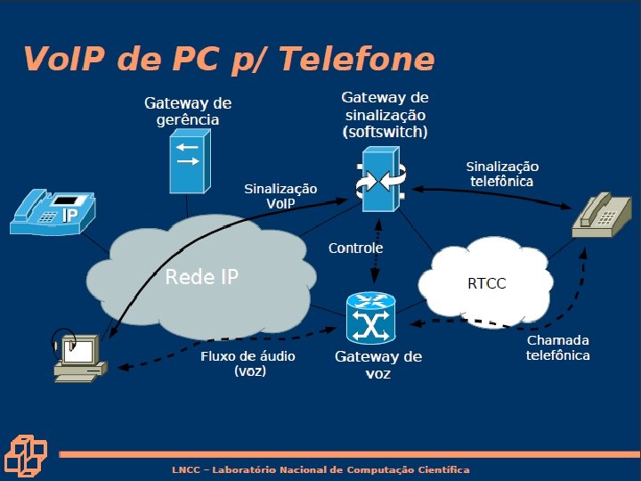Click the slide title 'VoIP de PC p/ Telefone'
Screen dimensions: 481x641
tap(229, 59)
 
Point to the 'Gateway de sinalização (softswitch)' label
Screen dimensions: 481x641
tap(385, 114)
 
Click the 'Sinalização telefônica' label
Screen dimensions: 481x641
tap(502, 174)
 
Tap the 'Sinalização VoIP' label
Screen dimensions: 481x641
tap(280, 195)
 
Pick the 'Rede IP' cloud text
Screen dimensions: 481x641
tap(202, 276)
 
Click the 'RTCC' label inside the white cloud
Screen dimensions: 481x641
tap(486, 284)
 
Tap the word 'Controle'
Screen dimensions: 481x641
tap(355, 248)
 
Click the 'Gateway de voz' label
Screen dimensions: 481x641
tap(377, 364)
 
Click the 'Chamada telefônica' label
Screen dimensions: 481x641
tap(557, 347)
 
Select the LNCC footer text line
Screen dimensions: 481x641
tap(320, 469)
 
